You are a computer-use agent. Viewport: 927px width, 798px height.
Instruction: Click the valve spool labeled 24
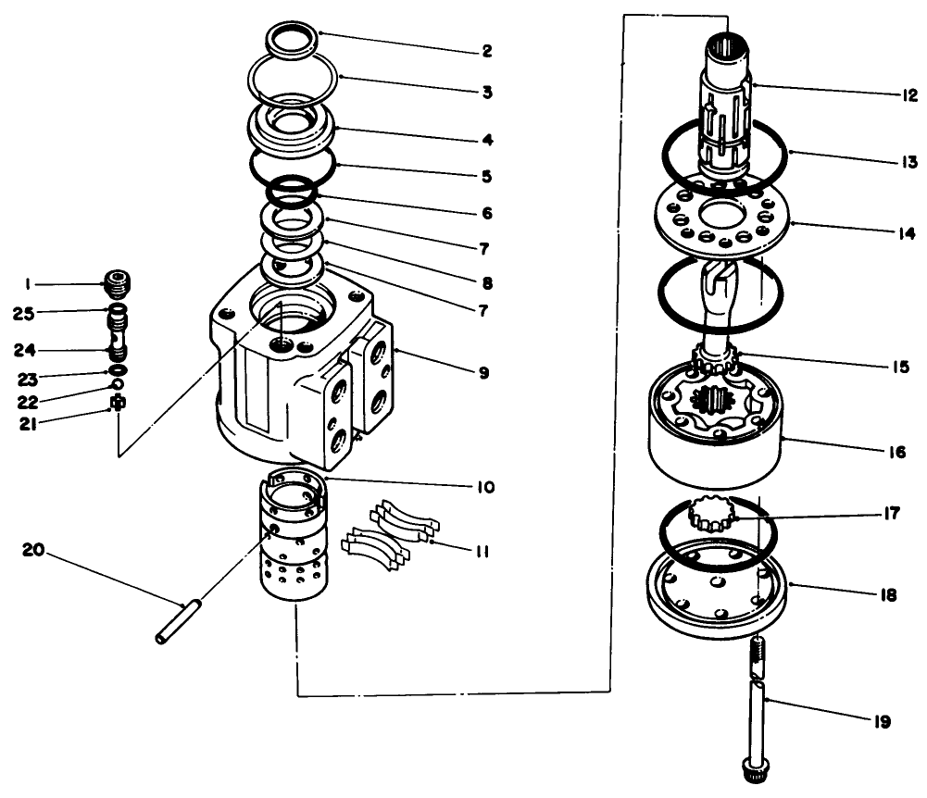(x=118, y=339)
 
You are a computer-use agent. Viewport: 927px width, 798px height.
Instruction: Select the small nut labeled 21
(x=117, y=405)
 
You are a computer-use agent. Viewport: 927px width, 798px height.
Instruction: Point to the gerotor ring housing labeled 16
(x=713, y=430)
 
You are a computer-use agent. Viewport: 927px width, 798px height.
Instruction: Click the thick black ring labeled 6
(x=292, y=193)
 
